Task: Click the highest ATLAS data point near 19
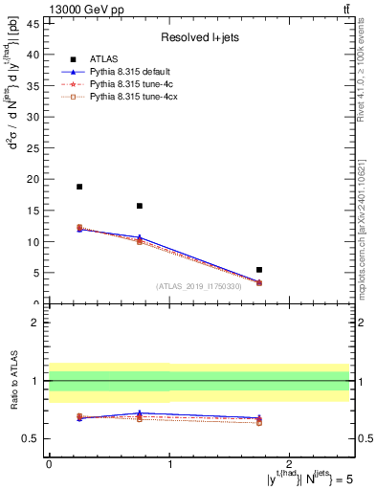[79, 187]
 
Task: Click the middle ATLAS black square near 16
[140, 206]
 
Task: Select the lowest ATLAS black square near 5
[259, 270]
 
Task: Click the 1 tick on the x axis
[169, 464]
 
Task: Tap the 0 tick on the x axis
[49, 464]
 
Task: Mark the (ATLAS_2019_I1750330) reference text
[197, 286]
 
